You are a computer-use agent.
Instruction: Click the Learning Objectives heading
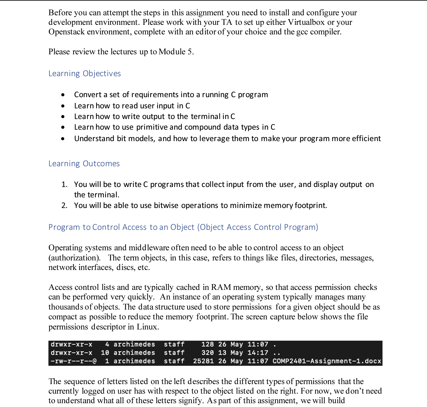(x=84, y=74)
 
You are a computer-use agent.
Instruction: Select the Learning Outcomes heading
(x=84, y=164)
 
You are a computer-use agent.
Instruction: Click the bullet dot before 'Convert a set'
(x=63, y=95)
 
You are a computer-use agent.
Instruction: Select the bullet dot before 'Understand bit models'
(x=63, y=139)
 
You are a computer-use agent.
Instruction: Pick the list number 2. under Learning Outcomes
(x=64, y=206)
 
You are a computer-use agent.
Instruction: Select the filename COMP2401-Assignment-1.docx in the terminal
(x=327, y=361)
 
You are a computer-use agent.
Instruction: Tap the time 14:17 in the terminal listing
(x=258, y=353)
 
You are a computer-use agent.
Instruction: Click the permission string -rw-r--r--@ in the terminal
(x=73, y=361)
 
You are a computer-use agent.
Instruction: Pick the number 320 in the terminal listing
(x=207, y=353)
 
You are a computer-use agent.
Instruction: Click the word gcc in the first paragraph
(x=302, y=32)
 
